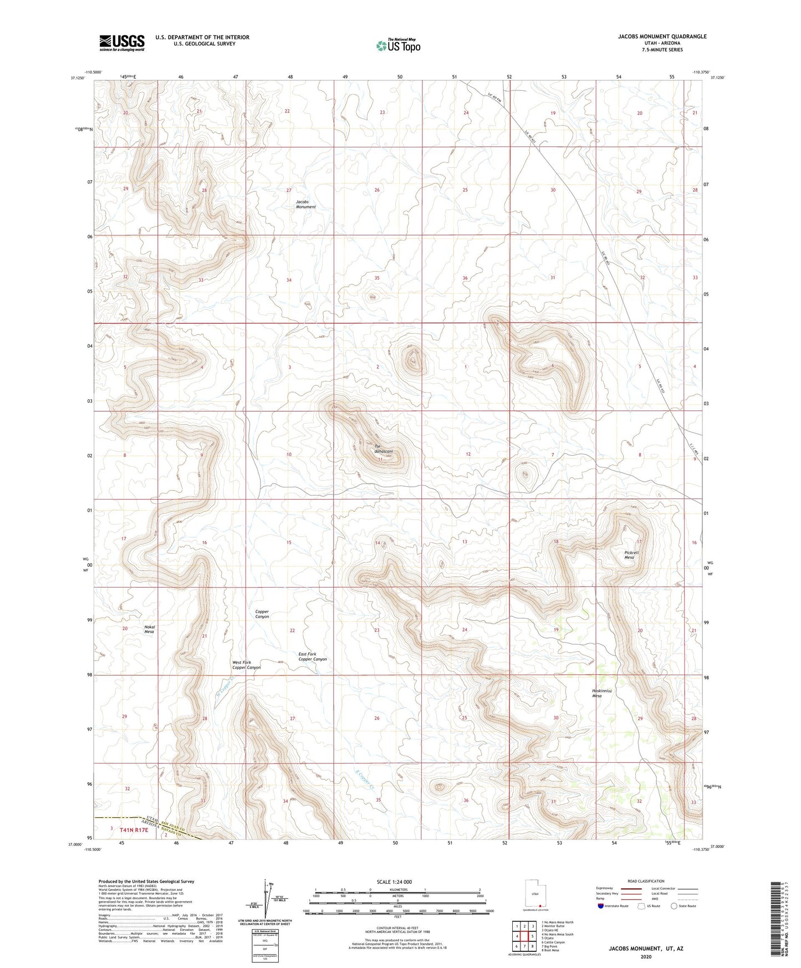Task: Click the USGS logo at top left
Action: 121,43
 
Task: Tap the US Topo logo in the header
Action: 398,45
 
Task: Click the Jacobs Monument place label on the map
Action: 305,204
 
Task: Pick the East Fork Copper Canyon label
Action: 313,656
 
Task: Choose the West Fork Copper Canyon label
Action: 246,665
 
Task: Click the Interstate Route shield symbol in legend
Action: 601,906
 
